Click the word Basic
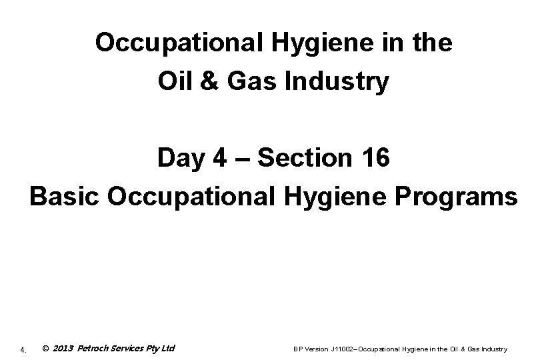click(64, 197)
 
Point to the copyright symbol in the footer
click(44, 348)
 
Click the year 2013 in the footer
click(62, 348)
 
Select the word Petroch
click(95, 348)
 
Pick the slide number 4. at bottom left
click(23, 349)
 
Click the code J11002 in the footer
click(336, 349)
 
